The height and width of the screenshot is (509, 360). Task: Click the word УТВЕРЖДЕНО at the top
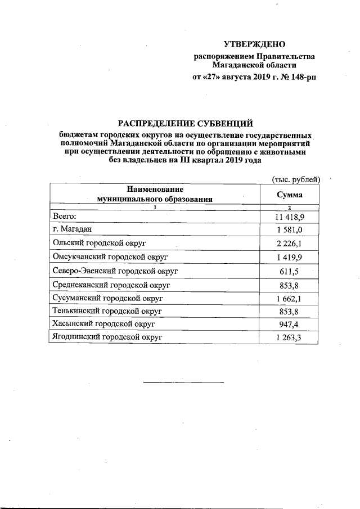[x=254, y=44]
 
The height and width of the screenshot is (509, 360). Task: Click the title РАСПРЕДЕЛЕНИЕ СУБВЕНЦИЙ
[x=185, y=123]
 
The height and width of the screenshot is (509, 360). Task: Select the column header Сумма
[x=290, y=195]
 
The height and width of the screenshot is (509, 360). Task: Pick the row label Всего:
[x=64, y=216]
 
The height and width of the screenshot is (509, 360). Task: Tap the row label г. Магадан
[x=72, y=229]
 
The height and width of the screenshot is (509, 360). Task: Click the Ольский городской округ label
[x=98, y=243]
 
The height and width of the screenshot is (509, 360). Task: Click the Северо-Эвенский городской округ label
[x=115, y=271]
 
